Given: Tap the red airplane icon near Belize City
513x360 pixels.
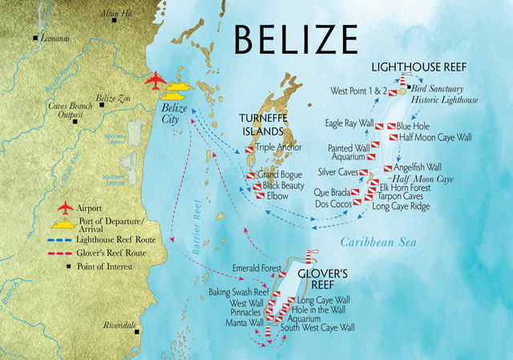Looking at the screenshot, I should (156, 80).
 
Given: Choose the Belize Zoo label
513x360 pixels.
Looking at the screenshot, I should (111, 98).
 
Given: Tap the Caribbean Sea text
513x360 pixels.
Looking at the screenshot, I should (375, 242).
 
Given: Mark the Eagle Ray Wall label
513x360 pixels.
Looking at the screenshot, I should (349, 123).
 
